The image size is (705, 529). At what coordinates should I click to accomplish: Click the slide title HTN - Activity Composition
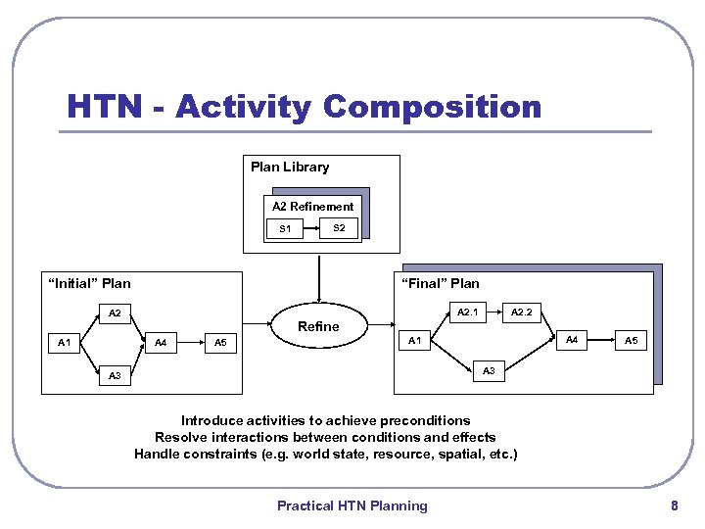coord(304,106)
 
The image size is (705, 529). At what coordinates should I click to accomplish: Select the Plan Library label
coord(290,167)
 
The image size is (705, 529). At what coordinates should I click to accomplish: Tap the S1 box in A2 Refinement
coord(285,229)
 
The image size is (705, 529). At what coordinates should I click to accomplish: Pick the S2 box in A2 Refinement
coord(339,228)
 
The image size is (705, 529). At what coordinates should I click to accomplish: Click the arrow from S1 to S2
coord(311,228)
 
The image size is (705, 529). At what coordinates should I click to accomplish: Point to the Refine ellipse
coord(318,326)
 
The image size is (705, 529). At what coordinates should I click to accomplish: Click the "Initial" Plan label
coord(89,284)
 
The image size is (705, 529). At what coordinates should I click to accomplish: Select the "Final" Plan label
coord(440,284)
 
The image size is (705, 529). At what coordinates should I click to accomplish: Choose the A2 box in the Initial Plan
coord(115,314)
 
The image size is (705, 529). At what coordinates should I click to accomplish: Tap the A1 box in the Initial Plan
coord(64,343)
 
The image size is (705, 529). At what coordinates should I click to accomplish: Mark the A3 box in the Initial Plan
coord(115,375)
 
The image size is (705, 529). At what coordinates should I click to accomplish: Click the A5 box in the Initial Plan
coord(220,343)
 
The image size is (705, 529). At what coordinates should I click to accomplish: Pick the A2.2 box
coord(521,313)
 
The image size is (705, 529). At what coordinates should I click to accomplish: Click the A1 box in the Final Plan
coord(414,341)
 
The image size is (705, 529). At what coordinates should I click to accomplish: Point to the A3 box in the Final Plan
coord(490,370)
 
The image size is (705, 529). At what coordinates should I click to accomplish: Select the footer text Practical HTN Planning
coord(352,505)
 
